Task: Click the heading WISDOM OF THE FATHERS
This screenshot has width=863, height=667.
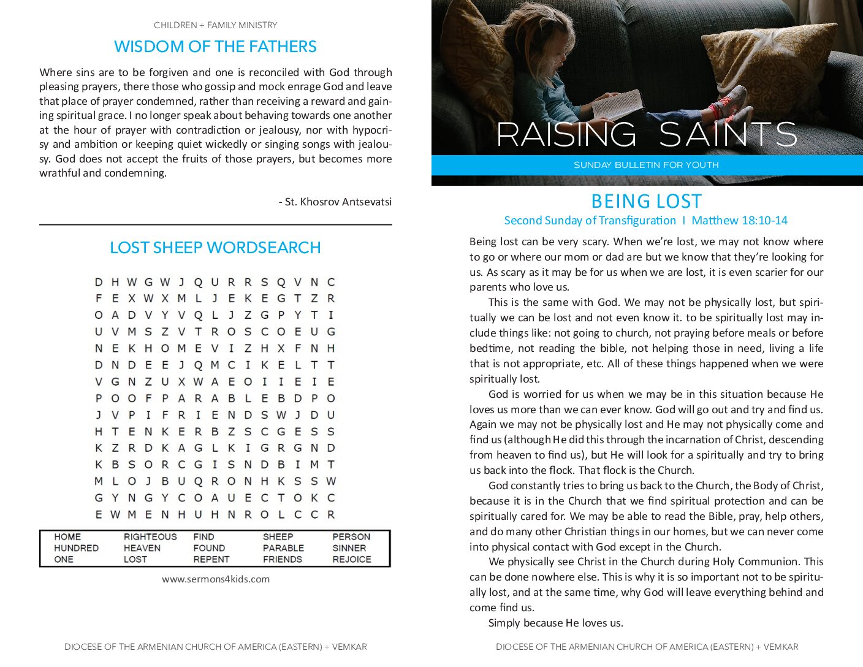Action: pos(215,47)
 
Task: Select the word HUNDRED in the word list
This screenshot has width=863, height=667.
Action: pos(76,548)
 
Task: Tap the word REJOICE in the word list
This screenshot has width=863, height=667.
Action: pos(352,559)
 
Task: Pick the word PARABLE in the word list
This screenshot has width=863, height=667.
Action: pos(283,548)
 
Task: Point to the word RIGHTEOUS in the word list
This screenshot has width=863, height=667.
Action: pos(150,537)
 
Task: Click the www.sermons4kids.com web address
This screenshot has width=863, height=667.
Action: pos(216,579)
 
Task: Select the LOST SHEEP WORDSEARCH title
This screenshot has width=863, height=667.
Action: pos(215,248)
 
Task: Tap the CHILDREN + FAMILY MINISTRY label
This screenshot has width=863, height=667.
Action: pos(215,25)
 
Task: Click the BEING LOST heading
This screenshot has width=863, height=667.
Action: pos(646,201)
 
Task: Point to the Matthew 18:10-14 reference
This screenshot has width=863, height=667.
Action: pos(739,220)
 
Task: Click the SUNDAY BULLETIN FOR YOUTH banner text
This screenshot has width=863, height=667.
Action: pos(646,165)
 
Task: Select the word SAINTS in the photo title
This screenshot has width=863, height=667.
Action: pos(728,134)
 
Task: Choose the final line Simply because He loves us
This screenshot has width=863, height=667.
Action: pos(555,623)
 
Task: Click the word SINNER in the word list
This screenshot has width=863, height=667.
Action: pos(349,548)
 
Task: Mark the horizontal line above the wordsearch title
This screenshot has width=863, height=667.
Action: pos(215,225)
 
